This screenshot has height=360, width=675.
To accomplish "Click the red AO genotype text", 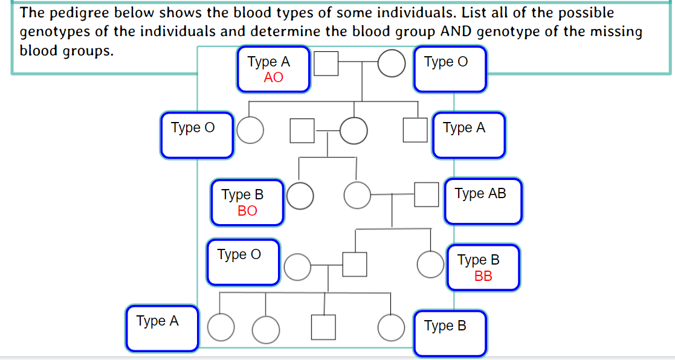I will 273,78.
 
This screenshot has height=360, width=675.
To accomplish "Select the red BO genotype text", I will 247,211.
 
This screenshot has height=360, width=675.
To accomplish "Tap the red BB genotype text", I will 483,276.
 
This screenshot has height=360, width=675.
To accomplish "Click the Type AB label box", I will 483,202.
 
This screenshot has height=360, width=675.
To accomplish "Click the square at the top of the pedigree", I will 326,63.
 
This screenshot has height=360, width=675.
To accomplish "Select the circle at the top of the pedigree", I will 392,63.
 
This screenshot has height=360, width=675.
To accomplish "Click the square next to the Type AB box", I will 426,194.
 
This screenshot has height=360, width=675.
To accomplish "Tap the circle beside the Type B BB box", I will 431,264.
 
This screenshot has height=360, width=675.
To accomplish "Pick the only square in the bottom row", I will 323,327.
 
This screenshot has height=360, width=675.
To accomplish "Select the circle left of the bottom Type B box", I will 391,327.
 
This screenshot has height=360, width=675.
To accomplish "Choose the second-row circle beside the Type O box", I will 250,130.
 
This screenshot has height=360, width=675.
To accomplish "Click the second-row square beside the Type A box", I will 415,130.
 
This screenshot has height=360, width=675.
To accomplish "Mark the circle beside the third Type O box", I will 297,266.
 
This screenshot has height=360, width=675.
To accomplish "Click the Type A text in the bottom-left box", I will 158,321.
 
